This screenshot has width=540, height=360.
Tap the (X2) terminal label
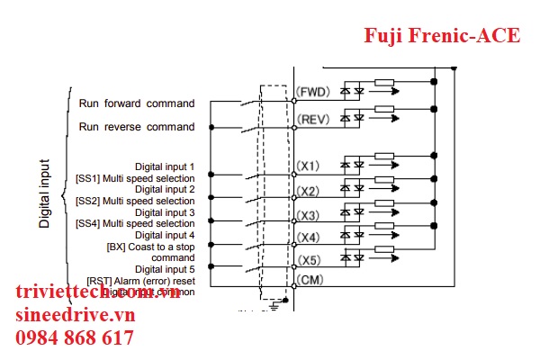pos(309,192)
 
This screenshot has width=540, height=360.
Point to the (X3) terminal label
pos(309,215)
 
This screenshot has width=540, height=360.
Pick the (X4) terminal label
pos(309,238)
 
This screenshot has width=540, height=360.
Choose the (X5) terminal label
pos(309,261)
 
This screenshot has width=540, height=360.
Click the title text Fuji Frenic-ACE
pos(441,36)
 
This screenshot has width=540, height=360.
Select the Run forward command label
pos(136,103)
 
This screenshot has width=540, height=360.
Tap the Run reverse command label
pos(136,127)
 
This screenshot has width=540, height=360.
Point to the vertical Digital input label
pos(45,193)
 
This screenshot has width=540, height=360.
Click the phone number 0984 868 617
pos(74,338)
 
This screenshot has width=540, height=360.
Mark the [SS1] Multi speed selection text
pos(135,178)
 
